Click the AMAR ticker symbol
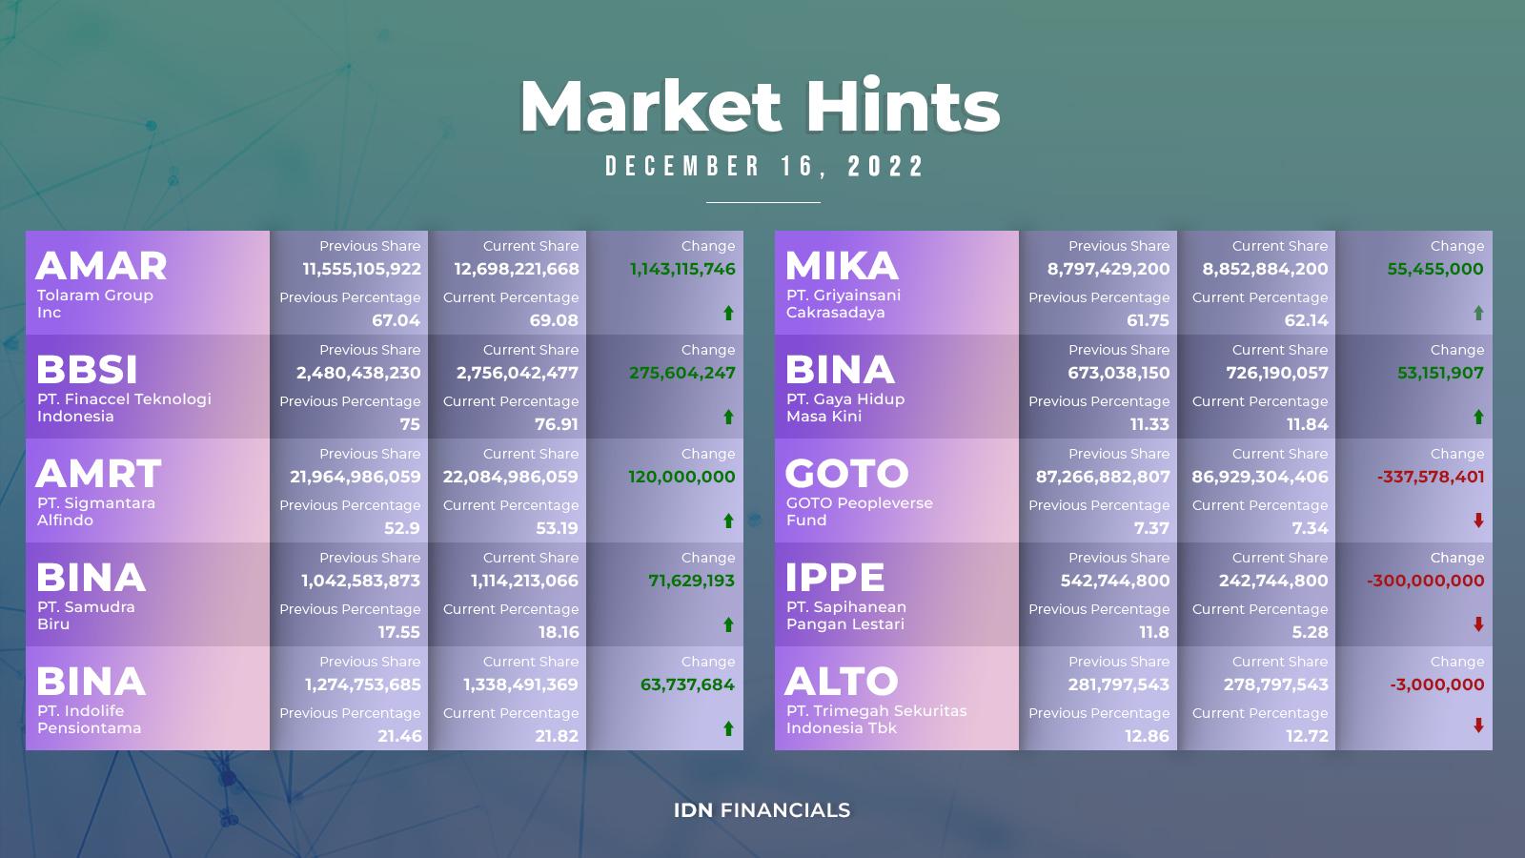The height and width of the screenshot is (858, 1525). (x=101, y=266)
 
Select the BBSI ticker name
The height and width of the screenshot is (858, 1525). (x=87, y=370)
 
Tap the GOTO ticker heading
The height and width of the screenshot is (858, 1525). (x=847, y=474)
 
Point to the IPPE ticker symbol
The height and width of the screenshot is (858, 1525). (x=835, y=578)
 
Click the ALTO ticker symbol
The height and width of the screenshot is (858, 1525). (x=841, y=682)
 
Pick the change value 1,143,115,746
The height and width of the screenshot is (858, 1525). (x=682, y=269)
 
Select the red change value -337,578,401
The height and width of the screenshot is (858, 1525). (x=1431, y=477)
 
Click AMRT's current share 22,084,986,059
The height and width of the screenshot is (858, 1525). (x=511, y=477)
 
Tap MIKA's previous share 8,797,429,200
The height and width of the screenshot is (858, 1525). (x=1108, y=269)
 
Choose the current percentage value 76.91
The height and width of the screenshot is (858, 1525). (x=557, y=424)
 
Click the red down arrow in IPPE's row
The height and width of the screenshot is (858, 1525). (x=1478, y=624)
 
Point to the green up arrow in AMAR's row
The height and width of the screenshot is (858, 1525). (x=728, y=314)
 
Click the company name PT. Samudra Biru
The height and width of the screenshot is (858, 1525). (x=86, y=616)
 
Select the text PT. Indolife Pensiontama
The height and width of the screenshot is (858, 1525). (x=90, y=719)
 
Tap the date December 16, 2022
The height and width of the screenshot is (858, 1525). (x=763, y=166)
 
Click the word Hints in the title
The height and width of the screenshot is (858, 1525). (x=903, y=106)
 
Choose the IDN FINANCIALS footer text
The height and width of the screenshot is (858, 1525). (x=762, y=810)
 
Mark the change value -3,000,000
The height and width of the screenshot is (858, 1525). (x=1437, y=684)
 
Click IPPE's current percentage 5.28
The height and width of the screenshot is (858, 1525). (x=1310, y=632)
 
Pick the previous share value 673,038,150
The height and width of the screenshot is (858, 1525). (x=1119, y=373)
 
